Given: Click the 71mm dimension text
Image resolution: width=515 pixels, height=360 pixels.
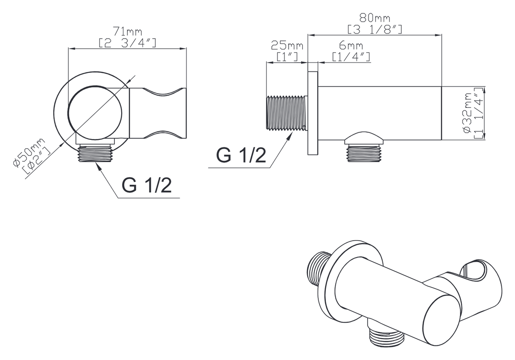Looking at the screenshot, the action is click(127, 32).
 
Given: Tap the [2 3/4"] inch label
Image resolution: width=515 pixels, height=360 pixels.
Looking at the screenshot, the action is click(127, 43).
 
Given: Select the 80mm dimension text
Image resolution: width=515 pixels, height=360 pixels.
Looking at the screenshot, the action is click(374, 17).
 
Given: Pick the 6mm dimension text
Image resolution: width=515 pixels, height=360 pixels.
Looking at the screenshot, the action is click(351, 45).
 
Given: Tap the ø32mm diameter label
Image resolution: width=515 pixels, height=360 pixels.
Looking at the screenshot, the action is click(467, 113).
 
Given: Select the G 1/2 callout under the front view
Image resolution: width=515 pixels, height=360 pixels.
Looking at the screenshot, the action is click(147, 186).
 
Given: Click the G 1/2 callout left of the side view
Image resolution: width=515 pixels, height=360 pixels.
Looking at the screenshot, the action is click(241, 155).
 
